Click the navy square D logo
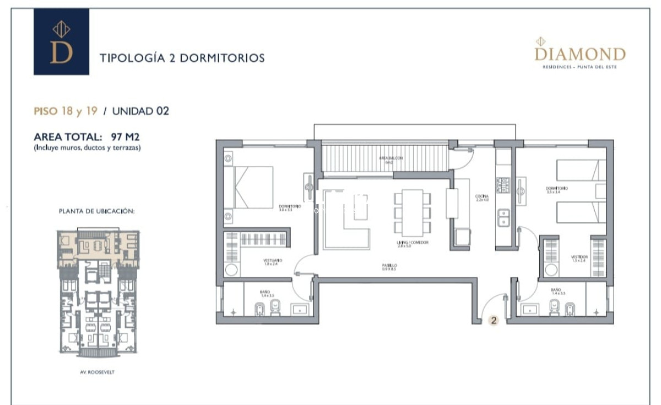point(61,42)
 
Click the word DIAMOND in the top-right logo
point(580,54)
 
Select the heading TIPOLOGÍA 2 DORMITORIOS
point(182,57)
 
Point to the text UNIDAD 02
point(140,111)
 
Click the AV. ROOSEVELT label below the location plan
point(97,372)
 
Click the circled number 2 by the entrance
point(494,319)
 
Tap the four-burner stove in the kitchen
point(503,185)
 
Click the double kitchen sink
point(503,218)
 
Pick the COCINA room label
point(482,198)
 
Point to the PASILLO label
point(390,267)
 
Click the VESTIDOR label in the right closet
point(579,258)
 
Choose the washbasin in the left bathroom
point(300,308)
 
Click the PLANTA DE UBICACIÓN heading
point(97,211)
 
